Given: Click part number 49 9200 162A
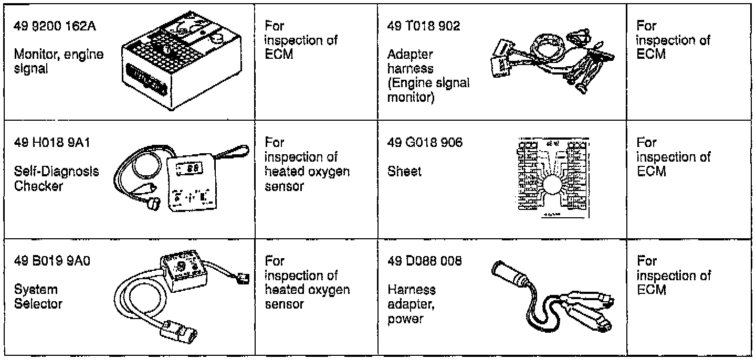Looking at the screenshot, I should [55, 27].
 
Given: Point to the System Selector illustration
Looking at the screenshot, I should [178, 297].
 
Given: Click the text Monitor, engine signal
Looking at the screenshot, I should [58, 61].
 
